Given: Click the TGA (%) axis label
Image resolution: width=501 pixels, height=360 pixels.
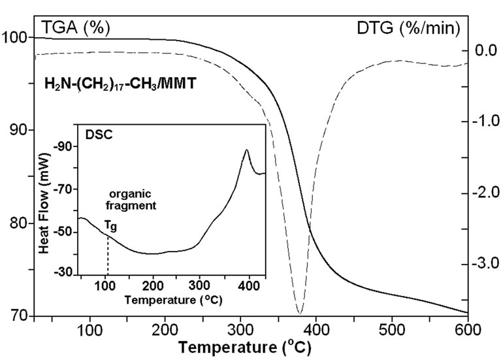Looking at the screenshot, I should click(x=76, y=27).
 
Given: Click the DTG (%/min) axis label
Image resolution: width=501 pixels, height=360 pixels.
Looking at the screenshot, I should click(x=408, y=28).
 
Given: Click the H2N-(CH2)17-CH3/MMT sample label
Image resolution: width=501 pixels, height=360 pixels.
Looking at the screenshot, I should click(x=114, y=84).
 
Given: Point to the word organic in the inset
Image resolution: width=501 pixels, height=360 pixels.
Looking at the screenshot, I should click(x=125, y=194).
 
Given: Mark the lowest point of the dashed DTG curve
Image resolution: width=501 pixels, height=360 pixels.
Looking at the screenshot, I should click(x=299, y=313).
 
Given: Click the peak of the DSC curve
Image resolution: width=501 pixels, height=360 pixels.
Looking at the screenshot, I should click(x=246, y=150).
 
